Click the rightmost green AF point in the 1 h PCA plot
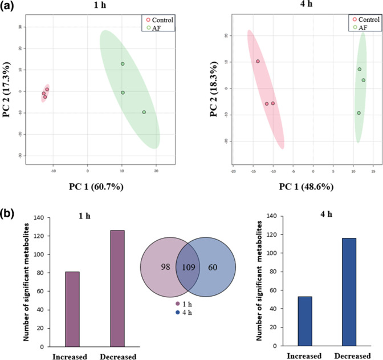(144, 112)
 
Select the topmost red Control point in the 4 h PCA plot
(258, 61)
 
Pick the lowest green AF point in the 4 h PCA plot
(358, 113)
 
